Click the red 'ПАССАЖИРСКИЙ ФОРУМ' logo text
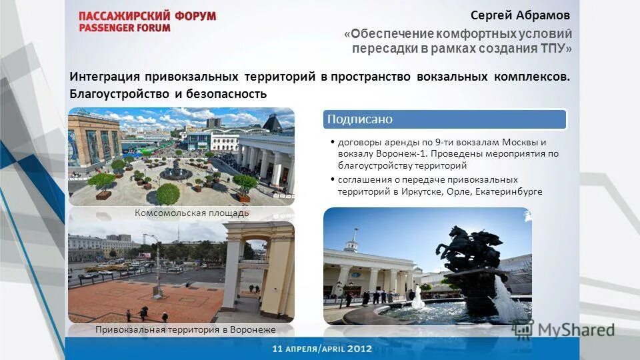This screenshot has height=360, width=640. point(147,16)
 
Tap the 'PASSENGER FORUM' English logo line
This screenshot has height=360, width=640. point(125,28)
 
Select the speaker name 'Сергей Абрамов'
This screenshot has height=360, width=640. point(520,15)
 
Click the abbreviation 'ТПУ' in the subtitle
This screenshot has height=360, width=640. point(553,48)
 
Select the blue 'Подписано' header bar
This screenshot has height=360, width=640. point(445,119)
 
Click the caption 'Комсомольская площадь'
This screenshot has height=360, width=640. point(182,213)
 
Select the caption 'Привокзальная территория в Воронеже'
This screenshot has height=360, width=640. point(185,329)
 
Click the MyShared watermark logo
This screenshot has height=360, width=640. point(563,329)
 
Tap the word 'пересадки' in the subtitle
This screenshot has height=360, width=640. point(381,48)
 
